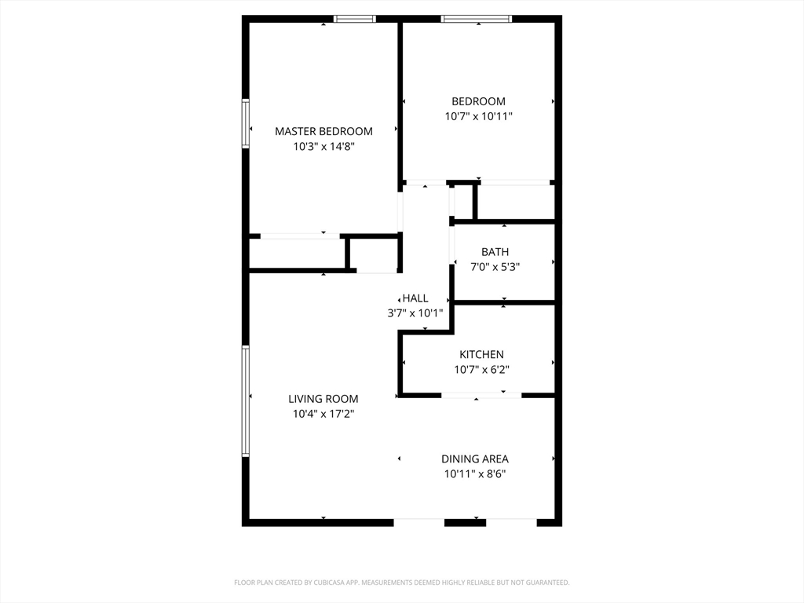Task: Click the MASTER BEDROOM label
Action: [x=323, y=131]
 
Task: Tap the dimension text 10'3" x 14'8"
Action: [x=323, y=146]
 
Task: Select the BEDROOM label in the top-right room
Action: [x=478, y=101]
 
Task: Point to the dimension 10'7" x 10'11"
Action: [x=478, y=116]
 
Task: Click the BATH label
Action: [x=495, y=252]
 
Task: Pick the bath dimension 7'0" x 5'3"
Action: [x=495, y=267]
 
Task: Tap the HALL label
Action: [x=415, y=298]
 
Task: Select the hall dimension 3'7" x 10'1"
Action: [x=415, y=312]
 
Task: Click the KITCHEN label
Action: [x=481, y=355]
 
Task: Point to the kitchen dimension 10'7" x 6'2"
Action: [x=481, y=370]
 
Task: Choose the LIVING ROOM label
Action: [x=323, y=399]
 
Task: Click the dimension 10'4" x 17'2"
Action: [x=323, y=414]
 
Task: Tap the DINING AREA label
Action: [x=474, y=459]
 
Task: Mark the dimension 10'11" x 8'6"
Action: [x=474, y=473]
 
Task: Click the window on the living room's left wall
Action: [x=246, y=401]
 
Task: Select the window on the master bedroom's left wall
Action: [x=246, y=123]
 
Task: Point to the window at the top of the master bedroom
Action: [x=355, y=18]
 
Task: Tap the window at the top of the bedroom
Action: [x=477, y=18]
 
